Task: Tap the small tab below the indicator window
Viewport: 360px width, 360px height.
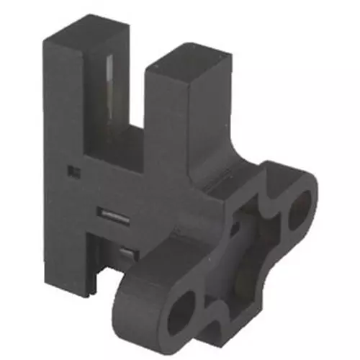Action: coord(127,253)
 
